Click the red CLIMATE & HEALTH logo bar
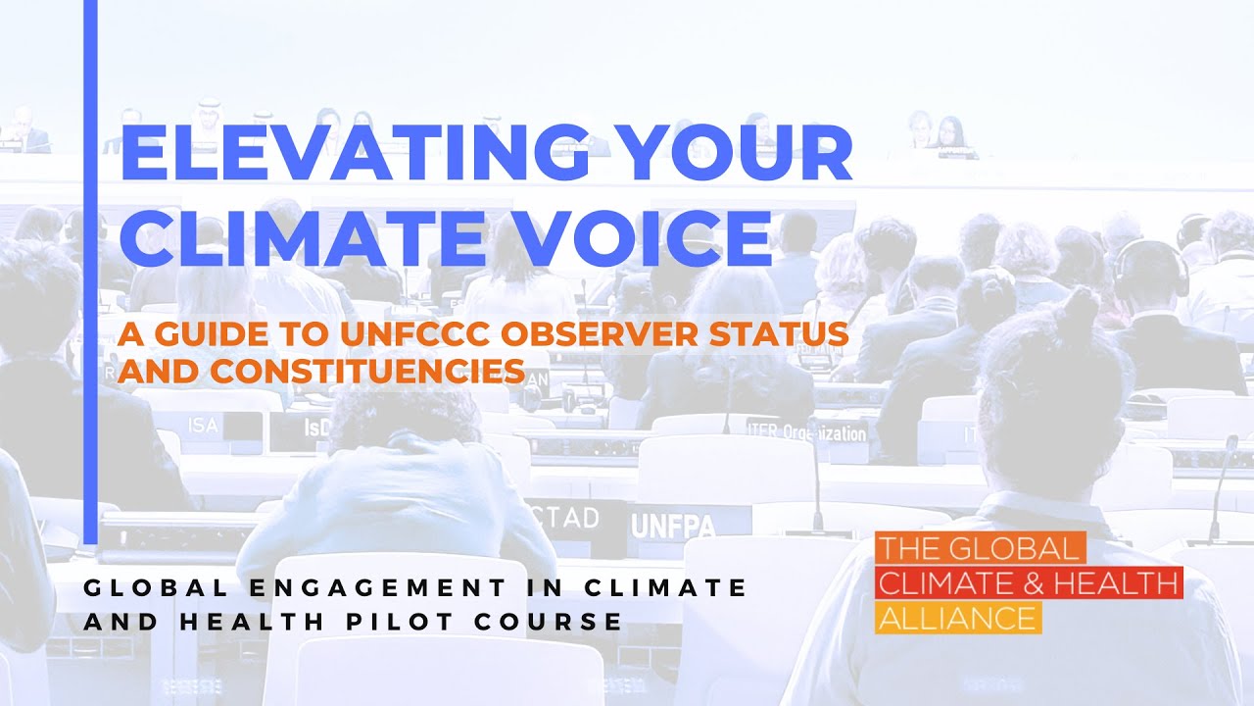pos(1029,583)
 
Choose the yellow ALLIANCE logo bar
pos(957,618)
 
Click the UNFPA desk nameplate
pos(673,526)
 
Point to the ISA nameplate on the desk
pos(203,424)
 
